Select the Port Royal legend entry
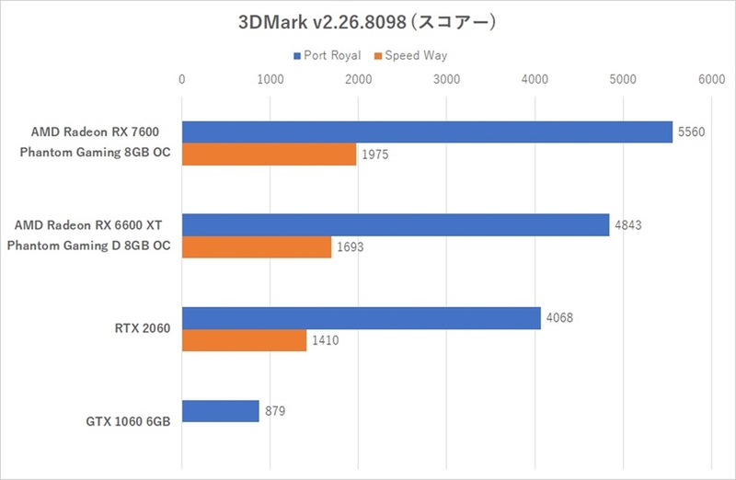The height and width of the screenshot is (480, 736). [327, 56]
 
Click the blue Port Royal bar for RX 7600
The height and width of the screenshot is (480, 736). [428, 132]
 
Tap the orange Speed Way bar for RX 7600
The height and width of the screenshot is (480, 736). [269, 154]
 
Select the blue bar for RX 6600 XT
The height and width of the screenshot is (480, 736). [396, 225]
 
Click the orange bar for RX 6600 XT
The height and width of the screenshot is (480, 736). [257, 247]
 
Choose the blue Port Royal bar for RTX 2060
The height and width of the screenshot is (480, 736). [362, 318]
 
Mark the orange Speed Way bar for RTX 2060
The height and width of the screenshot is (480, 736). [244, 340]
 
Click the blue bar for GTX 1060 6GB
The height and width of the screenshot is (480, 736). [221, 411]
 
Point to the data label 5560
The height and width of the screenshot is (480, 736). [690, 132]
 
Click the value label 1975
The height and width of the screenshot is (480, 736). [374, 154]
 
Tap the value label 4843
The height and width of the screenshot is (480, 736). [627, 225]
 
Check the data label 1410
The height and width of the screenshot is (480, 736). [324, 340]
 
